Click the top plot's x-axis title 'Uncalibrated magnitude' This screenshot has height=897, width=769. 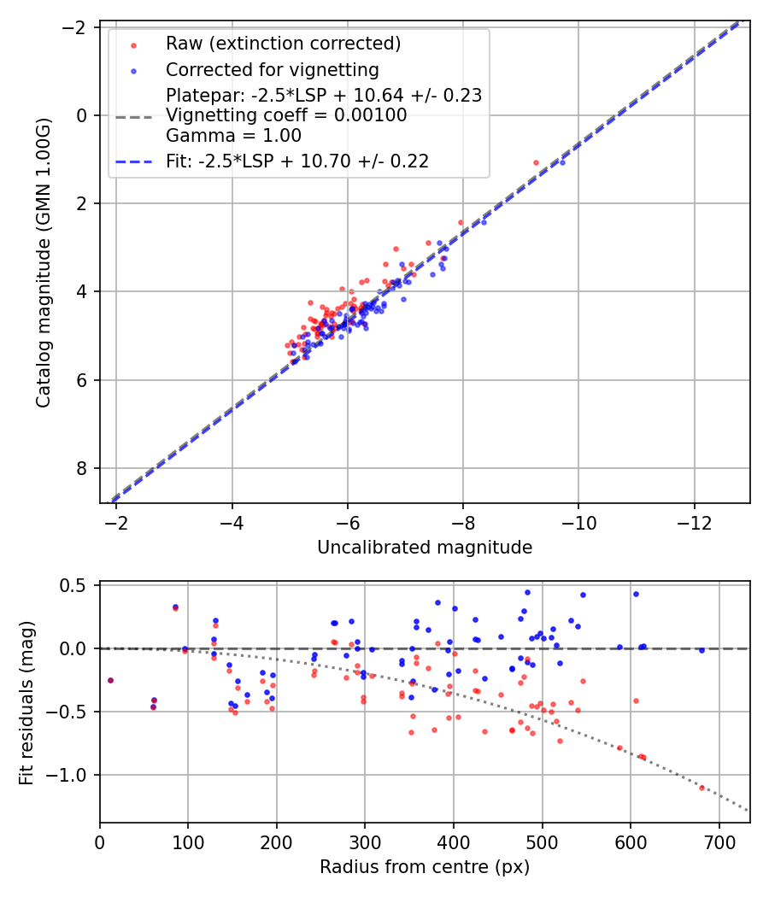[425, 548]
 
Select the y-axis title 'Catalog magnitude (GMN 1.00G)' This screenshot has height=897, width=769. [44, 262]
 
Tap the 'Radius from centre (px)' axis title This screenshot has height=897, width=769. [425, 867]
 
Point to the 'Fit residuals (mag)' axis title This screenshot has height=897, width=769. [26, 702]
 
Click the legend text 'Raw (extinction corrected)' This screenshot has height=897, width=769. [283, 44]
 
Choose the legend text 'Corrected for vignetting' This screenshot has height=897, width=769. [273, 69]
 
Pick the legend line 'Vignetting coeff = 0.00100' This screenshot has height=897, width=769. [286, 115]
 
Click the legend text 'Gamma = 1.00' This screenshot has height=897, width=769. [233, 135]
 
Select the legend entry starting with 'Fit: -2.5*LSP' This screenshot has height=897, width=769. [297, 161]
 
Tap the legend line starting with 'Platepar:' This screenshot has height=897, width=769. [324, 95]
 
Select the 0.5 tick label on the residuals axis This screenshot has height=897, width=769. [78, 585]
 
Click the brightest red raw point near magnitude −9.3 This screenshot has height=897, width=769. [536, 162]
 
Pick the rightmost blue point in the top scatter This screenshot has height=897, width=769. [562, 162]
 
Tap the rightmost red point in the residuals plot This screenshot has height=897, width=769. [701, 787]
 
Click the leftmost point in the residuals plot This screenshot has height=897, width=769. [110, 680]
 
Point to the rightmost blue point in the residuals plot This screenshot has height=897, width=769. [701, 650]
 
